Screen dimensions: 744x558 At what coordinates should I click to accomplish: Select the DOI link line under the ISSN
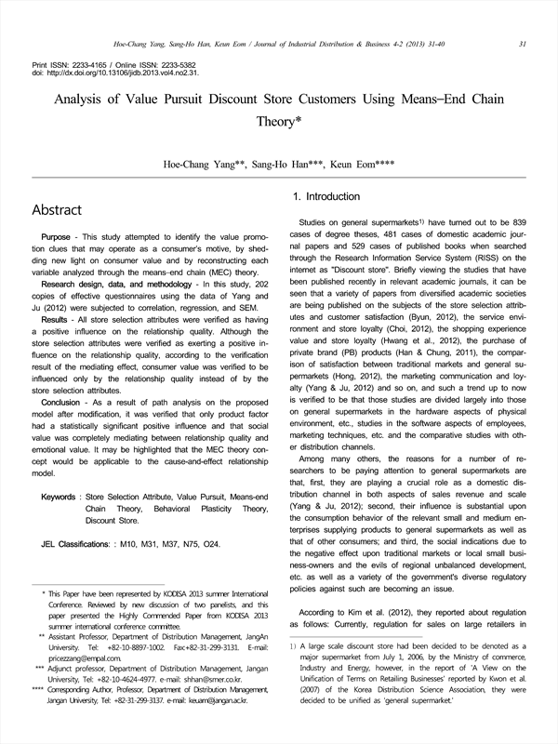tap(115, 72)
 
